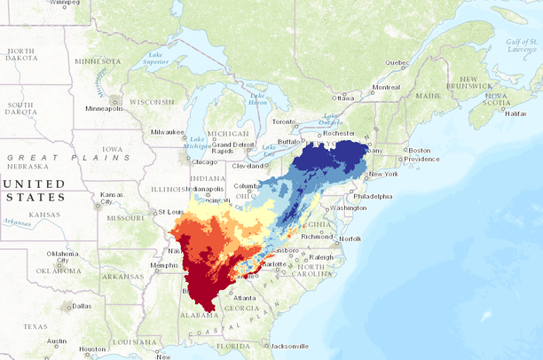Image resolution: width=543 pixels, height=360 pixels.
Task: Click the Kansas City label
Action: [x=112, y=197]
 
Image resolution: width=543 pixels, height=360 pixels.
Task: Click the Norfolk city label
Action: [x=350, y=239]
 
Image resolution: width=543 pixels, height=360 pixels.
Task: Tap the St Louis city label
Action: [x=169, y=212]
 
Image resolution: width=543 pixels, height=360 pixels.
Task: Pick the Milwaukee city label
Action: [x=165, y=132]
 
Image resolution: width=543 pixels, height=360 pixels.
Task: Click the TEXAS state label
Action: [x=35, y=326]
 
